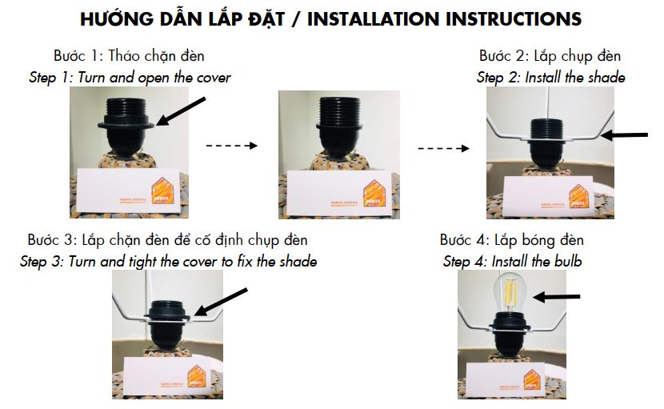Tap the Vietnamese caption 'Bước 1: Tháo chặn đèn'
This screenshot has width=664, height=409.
pyautogui.click(x=129, y=56)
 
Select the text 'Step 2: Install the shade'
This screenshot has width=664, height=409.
pyautogui.click(x=550, y=78)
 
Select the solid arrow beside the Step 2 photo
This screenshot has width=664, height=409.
pyautogui.click(x=624, y=136)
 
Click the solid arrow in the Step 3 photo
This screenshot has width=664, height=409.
pyautogui.click(x=222, y=302)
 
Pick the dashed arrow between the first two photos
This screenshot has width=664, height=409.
pyautogui.click(x=231, y=146)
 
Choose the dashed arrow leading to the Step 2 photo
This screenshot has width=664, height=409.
pyautogui.click(x=444, y=147)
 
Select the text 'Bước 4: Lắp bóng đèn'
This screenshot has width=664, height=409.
pyautogui.click(x=511, y=240)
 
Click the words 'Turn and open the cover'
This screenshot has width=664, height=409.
pyautogui.click(x=150, y=78)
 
